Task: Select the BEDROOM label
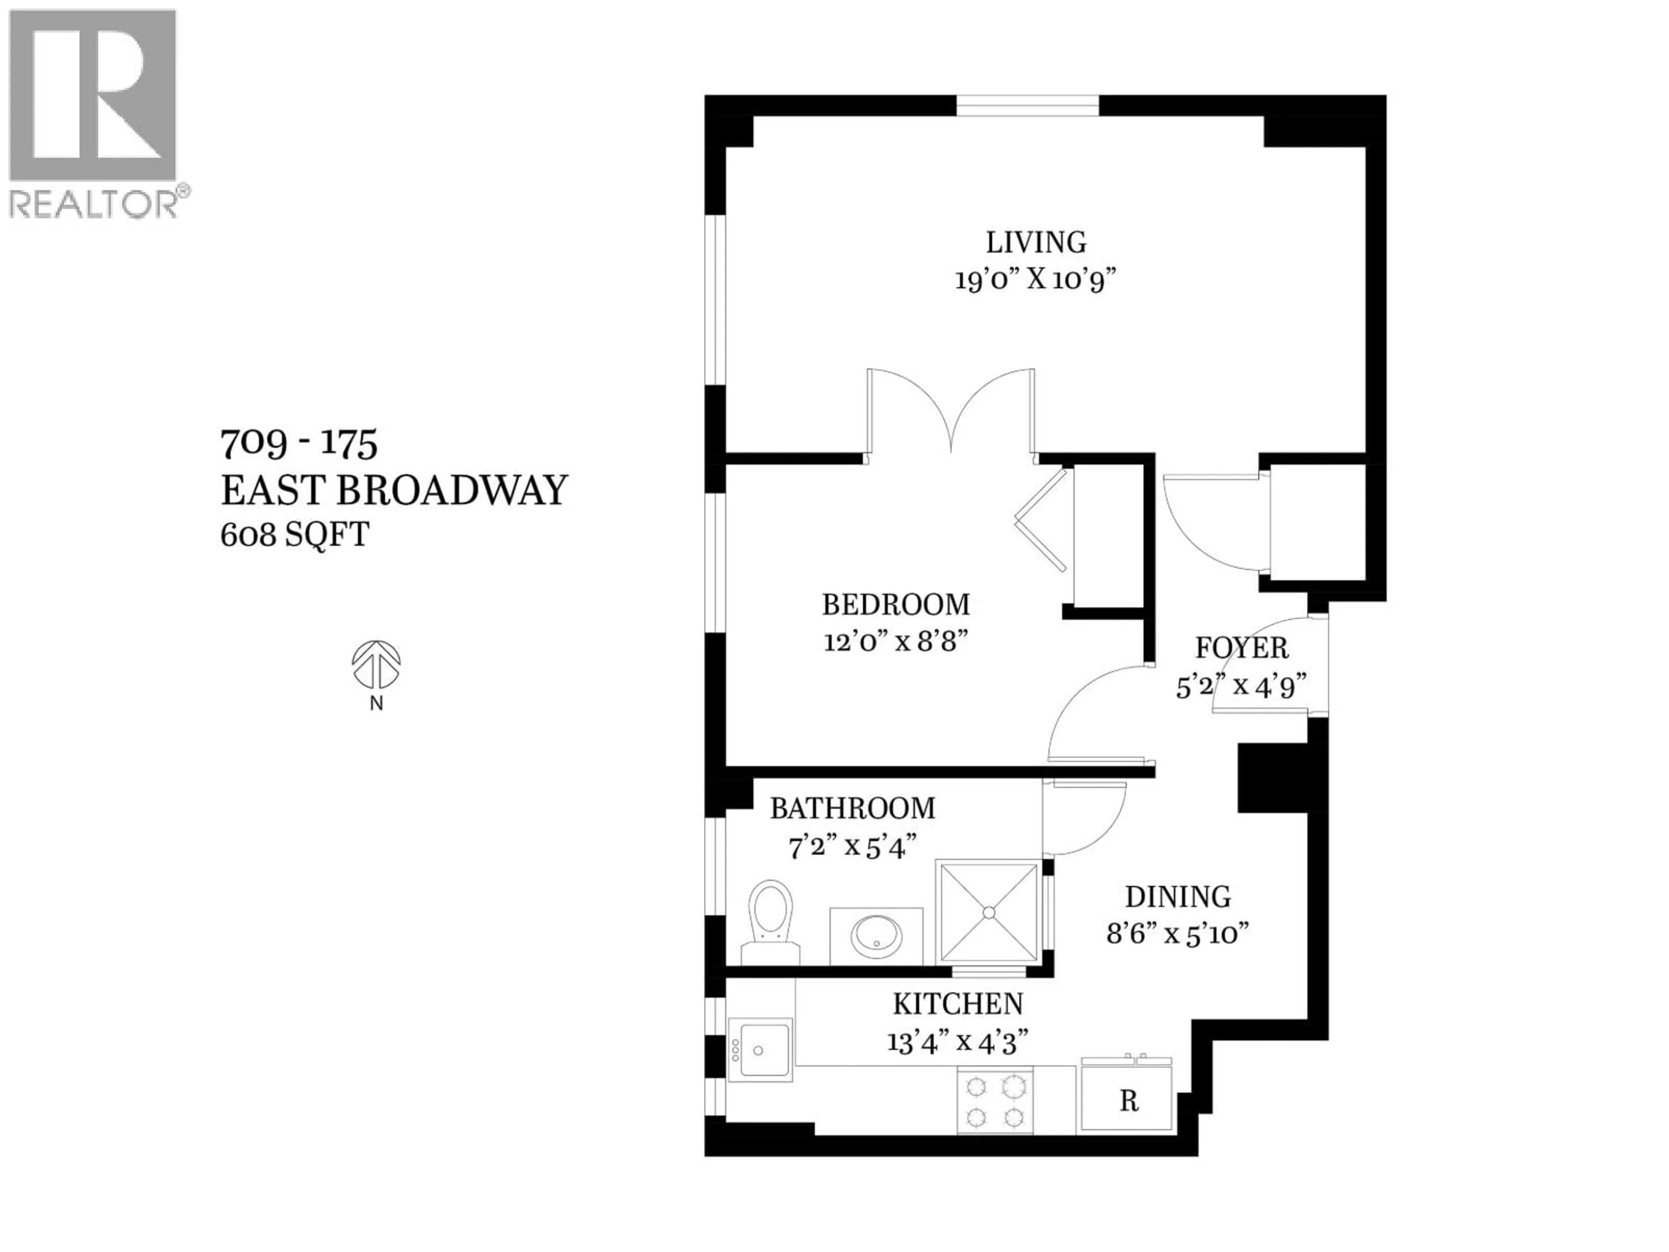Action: tap(896, 605)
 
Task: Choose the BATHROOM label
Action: tap(853, 808)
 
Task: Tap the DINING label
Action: tap(1178, 896)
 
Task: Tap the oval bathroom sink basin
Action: tap(876, 936)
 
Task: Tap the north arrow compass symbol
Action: tap(376, 666)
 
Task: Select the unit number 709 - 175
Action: tap(299, 444)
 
